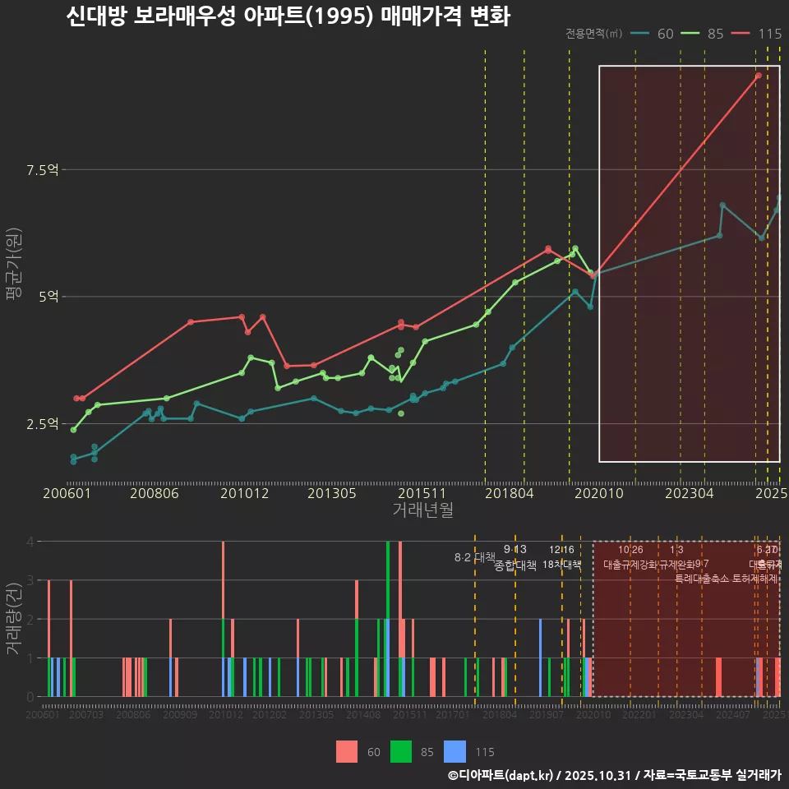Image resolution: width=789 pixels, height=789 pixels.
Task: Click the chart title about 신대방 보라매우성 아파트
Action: click(288, 17)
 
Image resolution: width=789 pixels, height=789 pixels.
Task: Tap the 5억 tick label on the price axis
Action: click(48, 297)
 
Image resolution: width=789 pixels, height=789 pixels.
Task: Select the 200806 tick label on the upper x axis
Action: click(155, 493)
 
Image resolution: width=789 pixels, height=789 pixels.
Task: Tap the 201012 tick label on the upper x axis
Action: click(244, 493)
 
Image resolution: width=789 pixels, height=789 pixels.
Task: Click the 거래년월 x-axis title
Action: click(422, 510)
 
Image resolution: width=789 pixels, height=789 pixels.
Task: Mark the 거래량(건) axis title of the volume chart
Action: click(14, 619)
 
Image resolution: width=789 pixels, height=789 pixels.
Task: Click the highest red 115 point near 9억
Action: click(759, 76)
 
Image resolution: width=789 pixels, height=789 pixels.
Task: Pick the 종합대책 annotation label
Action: click(515, 565)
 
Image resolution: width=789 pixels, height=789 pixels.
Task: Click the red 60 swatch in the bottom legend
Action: click(347, 751)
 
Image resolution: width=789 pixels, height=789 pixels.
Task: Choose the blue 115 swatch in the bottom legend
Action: click(454, 751)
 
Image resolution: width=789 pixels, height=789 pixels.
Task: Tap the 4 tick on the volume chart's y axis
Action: click(30, 542)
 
